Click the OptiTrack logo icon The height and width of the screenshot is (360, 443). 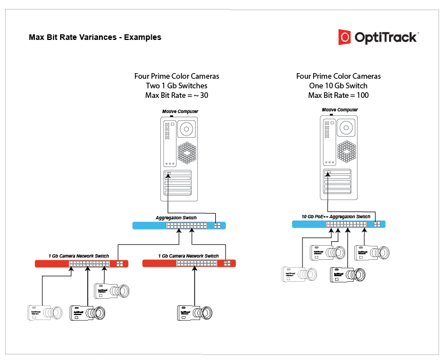pos(345,37)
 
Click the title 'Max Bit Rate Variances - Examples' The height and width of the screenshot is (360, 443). pos(95,38)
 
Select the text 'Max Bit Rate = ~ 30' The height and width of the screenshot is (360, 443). pos(177,96)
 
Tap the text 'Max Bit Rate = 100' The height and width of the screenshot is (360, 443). pos(338,96)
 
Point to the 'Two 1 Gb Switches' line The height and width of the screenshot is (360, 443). pos(177,86)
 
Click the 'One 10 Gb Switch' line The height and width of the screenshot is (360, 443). pos(338,86)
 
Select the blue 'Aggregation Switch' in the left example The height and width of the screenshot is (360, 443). pos(179,226)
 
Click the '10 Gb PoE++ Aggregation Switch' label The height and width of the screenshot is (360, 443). pos(336,217)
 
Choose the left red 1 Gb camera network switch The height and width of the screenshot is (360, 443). pos(82,263)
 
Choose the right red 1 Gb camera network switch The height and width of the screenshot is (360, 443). pos(189,263)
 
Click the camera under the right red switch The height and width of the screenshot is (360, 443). pos(196,313)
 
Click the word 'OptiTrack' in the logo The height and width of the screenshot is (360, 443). pos(386,37)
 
